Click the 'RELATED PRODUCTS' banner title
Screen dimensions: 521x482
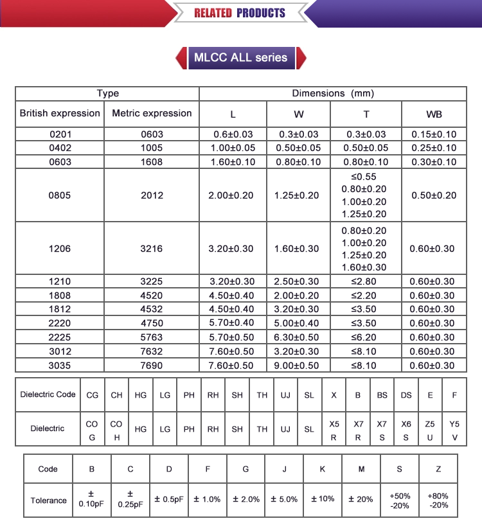[239, 13]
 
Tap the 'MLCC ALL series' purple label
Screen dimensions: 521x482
[240, 57]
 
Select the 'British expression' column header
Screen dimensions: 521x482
[60, 114]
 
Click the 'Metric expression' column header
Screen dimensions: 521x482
[152, 114]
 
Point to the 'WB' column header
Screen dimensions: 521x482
[434, 115]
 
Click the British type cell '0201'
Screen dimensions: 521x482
[60, 134]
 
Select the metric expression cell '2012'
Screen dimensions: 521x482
[152, 195]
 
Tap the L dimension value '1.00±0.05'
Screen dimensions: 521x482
[232, 148]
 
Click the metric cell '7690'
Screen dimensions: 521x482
[152, 366]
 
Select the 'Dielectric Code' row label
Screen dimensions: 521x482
[48, 394]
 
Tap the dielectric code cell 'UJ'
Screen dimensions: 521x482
[285, 395]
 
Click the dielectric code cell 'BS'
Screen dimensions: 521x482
[382, 395]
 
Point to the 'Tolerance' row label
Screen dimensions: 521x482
[48, 500]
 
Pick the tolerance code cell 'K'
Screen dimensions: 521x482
[323, 469]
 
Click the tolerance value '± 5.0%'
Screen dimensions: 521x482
[284, 500]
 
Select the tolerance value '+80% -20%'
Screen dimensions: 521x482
[438, 500]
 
